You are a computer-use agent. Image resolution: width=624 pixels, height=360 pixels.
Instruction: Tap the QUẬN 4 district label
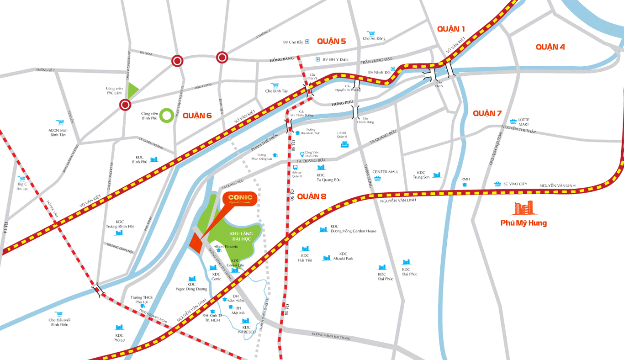(x=550, y=47)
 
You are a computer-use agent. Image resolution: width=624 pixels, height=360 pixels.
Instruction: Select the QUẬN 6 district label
(x=197, y=116)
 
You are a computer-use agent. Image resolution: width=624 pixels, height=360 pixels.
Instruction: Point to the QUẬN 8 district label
(x=312, y=196)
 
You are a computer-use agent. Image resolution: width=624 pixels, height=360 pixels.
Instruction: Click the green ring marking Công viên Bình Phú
(x=167, y=115)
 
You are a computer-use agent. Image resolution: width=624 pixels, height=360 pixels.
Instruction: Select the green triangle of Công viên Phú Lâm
(x=133, y=90)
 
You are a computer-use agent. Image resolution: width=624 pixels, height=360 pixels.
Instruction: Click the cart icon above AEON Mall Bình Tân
(x=59, y=122)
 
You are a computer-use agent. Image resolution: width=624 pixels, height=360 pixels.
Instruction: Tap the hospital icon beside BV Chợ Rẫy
(x=307, y=42)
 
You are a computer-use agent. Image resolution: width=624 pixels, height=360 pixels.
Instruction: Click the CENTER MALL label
(x=385, y=172)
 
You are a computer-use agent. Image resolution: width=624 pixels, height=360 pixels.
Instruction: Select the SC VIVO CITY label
(x=515, y=184)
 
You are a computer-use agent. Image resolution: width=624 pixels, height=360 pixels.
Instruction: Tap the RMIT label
(x=465, y=179)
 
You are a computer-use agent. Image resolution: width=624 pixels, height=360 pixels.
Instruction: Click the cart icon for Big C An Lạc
(x=21, y=179)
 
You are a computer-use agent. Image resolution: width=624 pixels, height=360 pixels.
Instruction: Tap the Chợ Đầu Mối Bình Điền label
(x=59, y=322)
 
